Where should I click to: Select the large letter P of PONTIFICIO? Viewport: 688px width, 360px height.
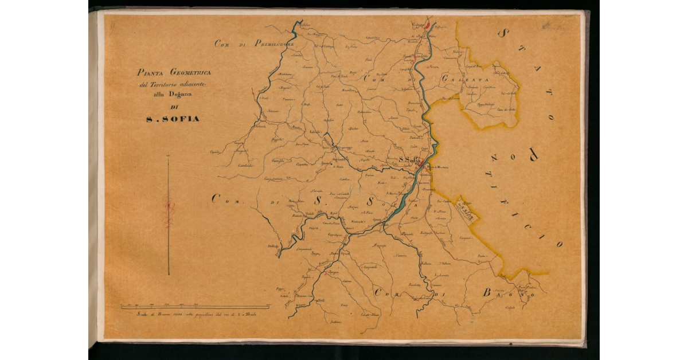[x=533, y=153]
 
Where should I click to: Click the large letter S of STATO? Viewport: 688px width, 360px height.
[x=503, y=33]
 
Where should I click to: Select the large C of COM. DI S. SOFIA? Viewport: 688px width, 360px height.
[x=217, y=199]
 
